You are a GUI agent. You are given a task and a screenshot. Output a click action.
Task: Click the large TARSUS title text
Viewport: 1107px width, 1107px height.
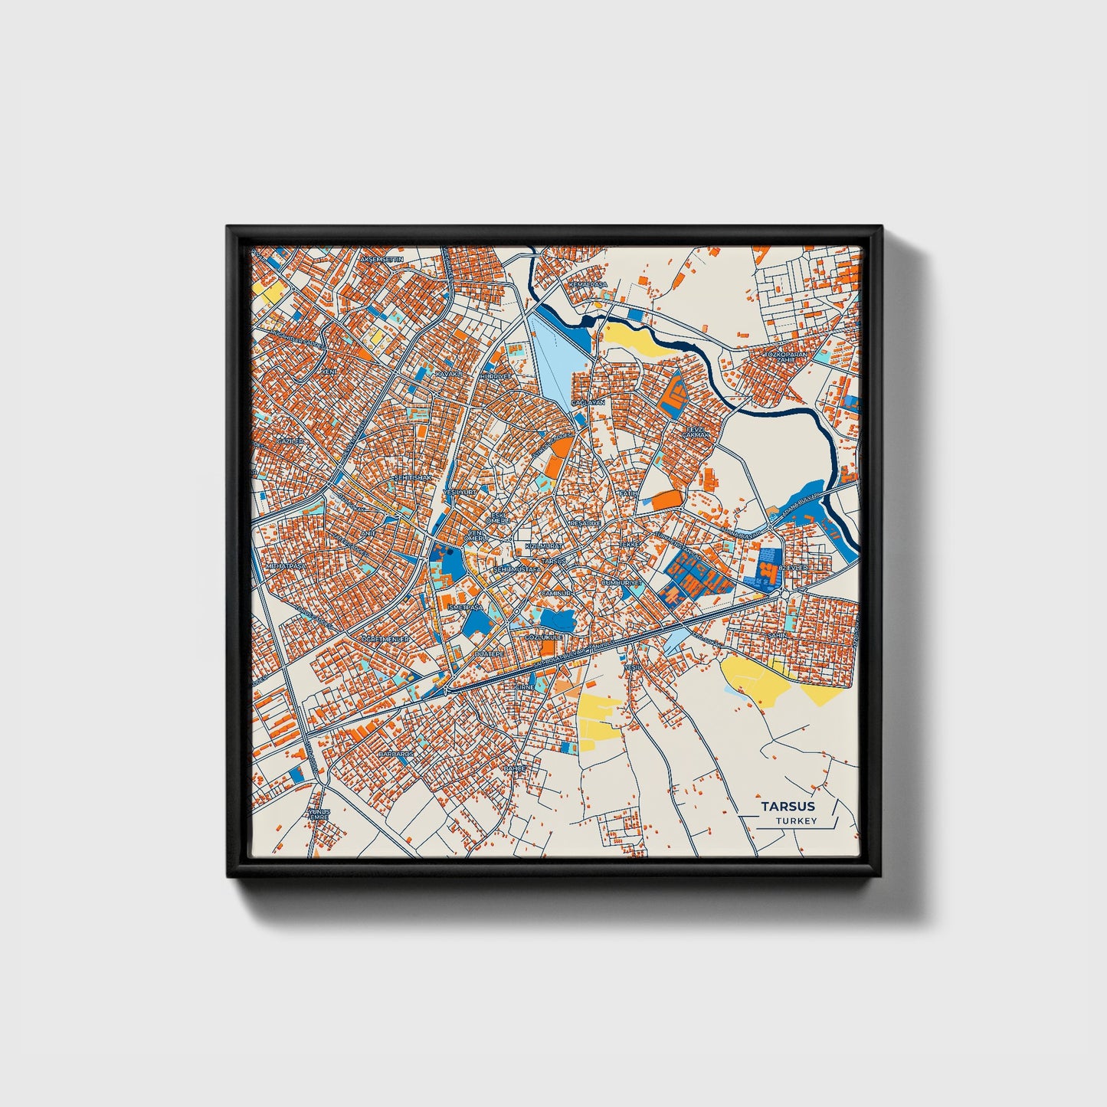(788, 806)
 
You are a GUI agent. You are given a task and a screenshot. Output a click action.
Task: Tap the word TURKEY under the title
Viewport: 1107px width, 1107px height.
(795, 820)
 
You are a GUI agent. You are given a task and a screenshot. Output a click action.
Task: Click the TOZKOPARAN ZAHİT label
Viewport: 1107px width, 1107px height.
(785, 359)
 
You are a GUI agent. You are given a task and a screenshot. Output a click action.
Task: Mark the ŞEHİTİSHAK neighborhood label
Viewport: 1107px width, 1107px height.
(412, 477)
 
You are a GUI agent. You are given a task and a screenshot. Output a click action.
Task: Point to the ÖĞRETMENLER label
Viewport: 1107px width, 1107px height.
(386, 638)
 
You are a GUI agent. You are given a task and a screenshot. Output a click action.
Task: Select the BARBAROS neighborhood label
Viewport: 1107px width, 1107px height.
(396, 754)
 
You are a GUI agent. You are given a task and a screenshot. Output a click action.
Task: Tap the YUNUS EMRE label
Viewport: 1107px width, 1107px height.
(318, 814)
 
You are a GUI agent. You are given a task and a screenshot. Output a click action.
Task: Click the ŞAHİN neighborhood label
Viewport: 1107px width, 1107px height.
(777, 635)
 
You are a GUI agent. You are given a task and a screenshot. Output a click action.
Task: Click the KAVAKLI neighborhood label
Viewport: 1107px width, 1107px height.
(450, 374)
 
